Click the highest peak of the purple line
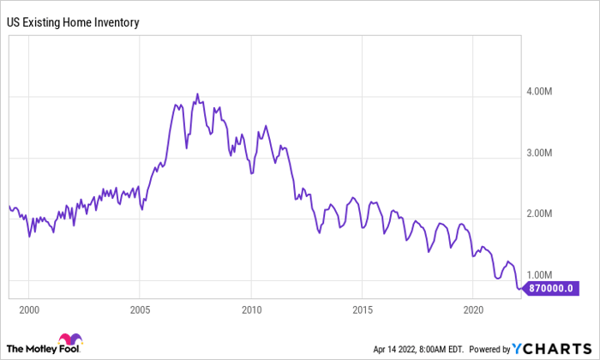point(197,94)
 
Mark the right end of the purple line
point(520,288)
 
